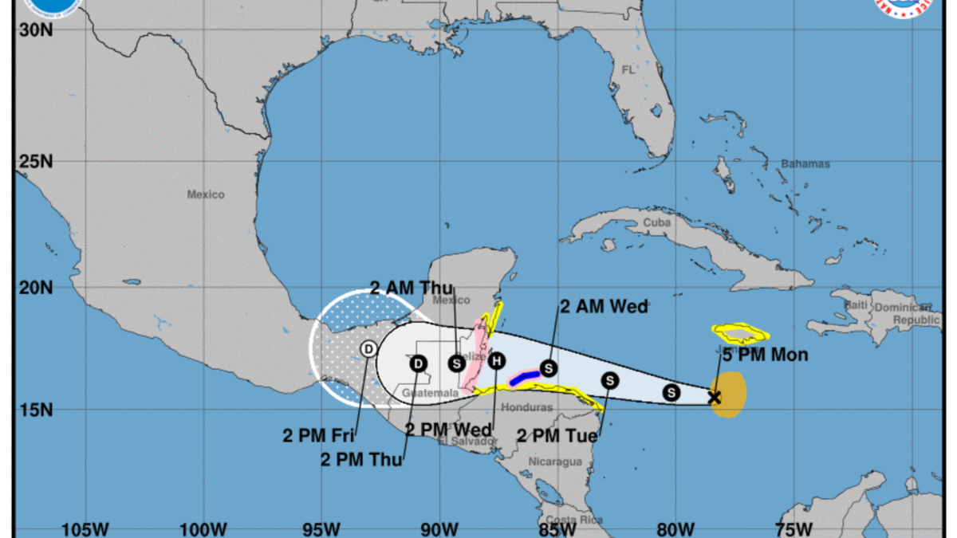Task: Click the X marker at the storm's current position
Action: pos(715,397)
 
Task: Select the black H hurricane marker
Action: pos(497,361)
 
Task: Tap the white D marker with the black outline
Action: pos(368,348)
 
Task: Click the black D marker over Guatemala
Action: pos(419,364)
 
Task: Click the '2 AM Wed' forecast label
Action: pos(604,306)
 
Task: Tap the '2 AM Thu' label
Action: pos(412,288)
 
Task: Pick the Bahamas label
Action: pos(811,164)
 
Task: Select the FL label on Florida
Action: pos(628,70)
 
